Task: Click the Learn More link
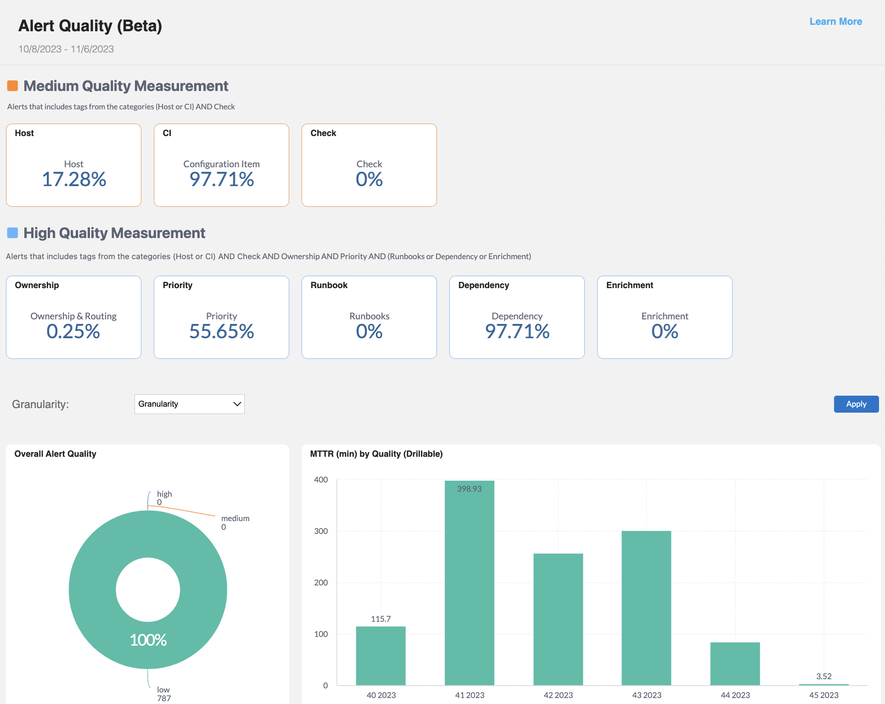coord(835,22)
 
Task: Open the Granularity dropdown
coord(189,404)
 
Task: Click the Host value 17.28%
coord(74,179)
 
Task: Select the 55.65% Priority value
coord(221,331)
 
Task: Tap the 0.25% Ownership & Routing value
coord(73,331)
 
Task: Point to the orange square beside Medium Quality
coord(12,86)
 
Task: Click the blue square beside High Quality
coord(12,233)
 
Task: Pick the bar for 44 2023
coord(735,664)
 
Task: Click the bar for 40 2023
coord(381,656)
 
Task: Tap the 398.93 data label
coord(469,489)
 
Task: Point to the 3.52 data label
coord(823,676)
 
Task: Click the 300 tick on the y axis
coord(321,531)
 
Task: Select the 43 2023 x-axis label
coord(646,695)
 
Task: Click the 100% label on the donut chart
coord(148,640)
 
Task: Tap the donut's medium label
coord(235,518)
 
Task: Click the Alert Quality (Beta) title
coord(90,26)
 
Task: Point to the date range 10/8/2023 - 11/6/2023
coord(66,49)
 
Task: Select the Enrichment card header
coord(629,285)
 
